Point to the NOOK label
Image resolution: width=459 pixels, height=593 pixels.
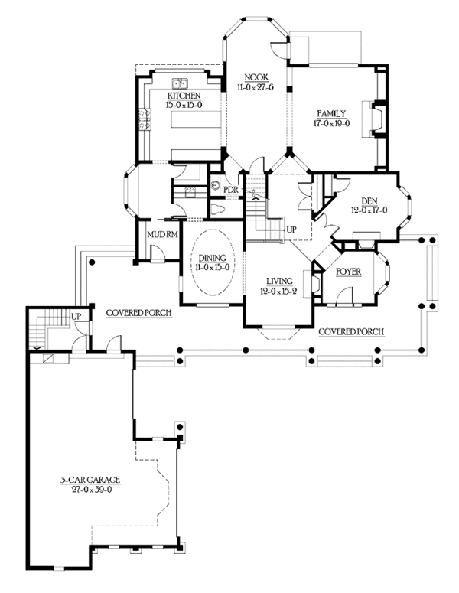pos(255,78)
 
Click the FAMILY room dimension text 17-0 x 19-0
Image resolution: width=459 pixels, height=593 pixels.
pos(330,122)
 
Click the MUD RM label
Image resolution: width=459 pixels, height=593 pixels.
pos(162,235)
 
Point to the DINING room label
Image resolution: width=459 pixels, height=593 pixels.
pos(210,259)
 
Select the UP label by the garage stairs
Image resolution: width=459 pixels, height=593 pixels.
pos(76,315)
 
